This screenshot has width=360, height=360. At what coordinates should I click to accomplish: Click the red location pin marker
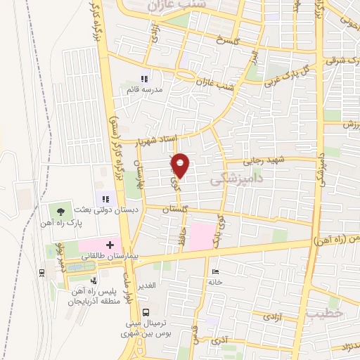pos(181,165)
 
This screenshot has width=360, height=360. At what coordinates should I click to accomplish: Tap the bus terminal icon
pos(146,312)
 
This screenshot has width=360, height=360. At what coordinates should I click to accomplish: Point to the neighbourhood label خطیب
pos(325,314)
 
